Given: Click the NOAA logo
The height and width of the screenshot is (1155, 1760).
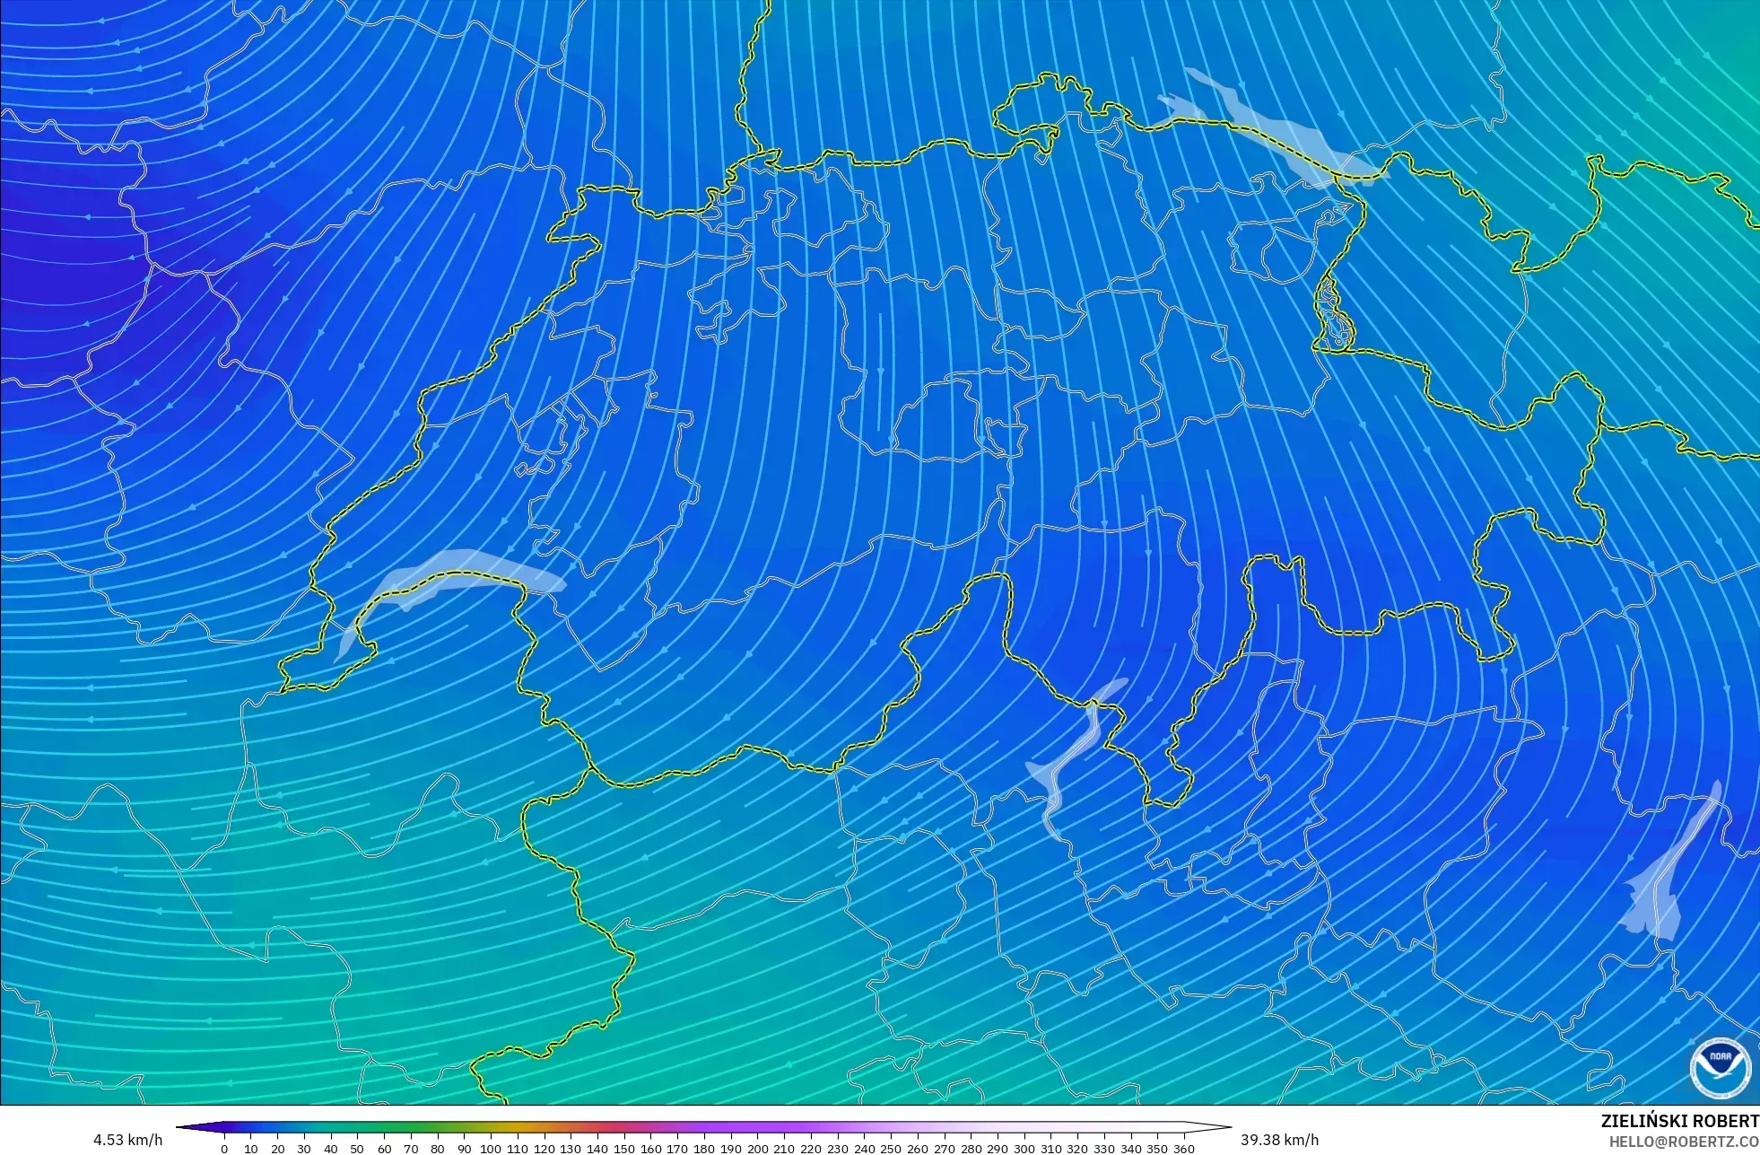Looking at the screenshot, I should pyautogui.click(x=1721, y=1067).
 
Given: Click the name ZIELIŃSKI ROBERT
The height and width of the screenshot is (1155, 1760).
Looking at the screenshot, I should pyautogui.click(x=1679, y=1122).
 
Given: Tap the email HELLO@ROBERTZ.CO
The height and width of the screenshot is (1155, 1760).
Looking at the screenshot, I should pyautogui.click(x=1683, y=1142).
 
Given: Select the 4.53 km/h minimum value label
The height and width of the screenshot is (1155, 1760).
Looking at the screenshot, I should pyautogui.click(x=127, y=1140).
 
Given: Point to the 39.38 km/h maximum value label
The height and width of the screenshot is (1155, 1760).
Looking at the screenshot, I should pyautogui.click(x=1279, y=1140).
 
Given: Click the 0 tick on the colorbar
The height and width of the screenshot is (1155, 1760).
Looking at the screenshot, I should pyautogui.click(x=224, y=1148).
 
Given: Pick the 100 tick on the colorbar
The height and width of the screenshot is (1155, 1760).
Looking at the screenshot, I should pyautogui.click(x=491, y=1148).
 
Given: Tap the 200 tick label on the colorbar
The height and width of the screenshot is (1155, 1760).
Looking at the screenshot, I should pyautogui.click(x=757, y=1148).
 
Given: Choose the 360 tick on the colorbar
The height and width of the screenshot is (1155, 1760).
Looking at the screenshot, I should pyautogui.click(x=1184, y=1148).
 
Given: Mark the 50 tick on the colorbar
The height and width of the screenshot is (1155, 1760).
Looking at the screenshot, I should pyautogui.click(x=357, y=1148).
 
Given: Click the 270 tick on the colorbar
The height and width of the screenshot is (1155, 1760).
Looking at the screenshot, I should pyautogui.click(x=944, y=1148).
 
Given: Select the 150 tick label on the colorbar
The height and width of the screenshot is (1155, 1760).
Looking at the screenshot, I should pyautogui.click(x=624, y=1148).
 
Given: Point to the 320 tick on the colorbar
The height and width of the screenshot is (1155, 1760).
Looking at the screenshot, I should pyautogui.click(x=1077, y=1148).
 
